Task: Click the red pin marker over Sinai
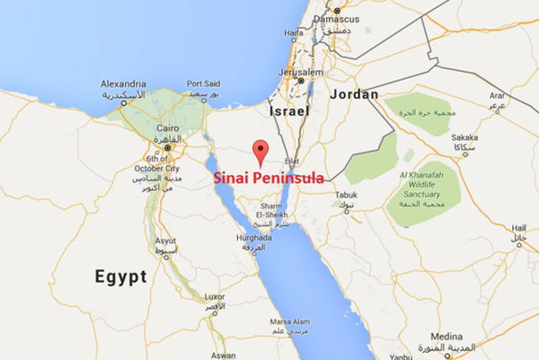[261, 151]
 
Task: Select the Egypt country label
[120, 277]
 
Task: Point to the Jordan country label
[355, 93]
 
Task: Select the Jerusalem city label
[299, 72]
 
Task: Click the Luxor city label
[216, 296]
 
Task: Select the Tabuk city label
[344, 194]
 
